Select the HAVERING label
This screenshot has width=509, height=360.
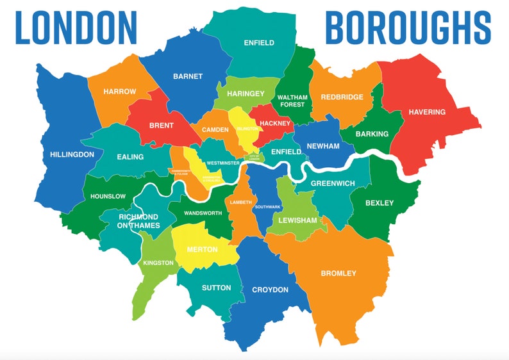(x=427, y=112)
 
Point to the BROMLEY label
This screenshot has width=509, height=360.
(x=338, y=274)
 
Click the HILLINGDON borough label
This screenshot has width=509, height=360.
(x=72, y=154)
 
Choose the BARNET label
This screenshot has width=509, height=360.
(x=188, y=76)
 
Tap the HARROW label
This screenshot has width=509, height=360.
(x=120, y=92)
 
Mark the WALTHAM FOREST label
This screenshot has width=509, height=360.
(x=292, y=101)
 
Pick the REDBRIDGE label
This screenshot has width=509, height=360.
(x=342, y=97)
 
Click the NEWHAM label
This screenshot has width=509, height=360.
(x=323, y=146)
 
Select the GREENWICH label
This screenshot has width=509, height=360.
(x=333, y=183)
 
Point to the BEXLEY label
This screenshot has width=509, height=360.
(x=380, y=203)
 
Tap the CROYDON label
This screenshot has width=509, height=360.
(x=270, y=290)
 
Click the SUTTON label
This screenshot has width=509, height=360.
(x=216, y=288)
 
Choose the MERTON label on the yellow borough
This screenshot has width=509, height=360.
(x=202, y=249)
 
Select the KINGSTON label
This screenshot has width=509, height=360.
(x=158, y=263)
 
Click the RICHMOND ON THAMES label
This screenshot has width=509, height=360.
(x=138, y=221)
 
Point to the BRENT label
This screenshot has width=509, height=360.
(x=161, y=126)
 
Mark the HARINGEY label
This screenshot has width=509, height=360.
(x=246, y=94)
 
